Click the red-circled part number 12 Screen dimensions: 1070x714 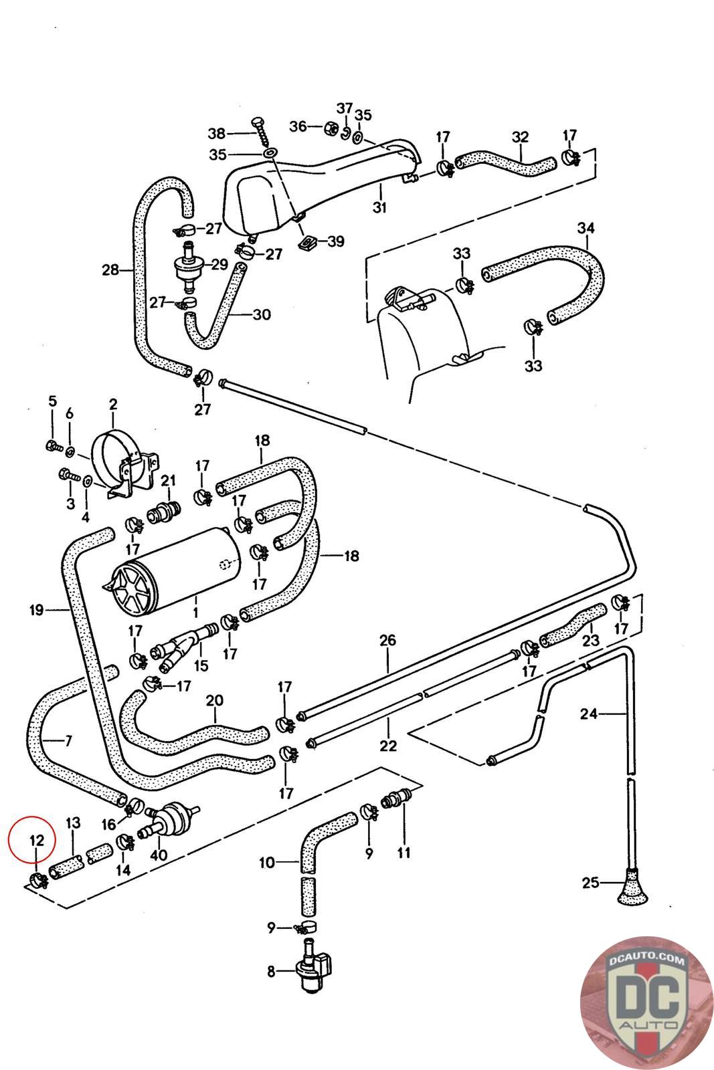coord(37,840)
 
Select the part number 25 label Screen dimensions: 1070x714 coord(590,883)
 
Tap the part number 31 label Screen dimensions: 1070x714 coord(379,207)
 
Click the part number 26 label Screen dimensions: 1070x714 coord(387,640)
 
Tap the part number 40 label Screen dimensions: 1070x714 coord(159,855)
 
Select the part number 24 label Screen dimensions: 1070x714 coord(589,714)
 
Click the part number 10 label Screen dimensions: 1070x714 coord(267,863)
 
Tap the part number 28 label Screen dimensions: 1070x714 coord(110,270)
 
